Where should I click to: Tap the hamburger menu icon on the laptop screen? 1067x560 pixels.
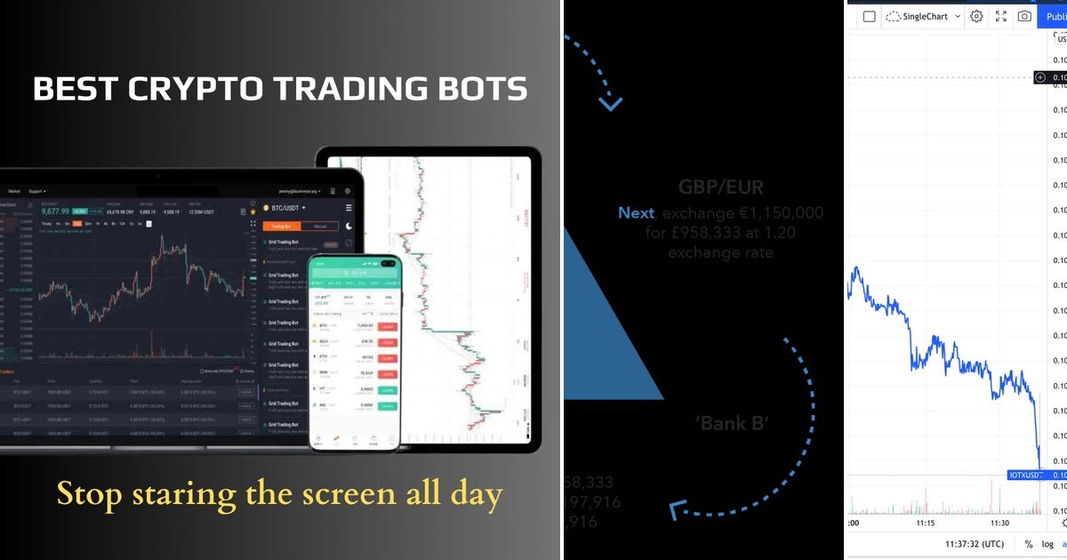click(x=349, y=207)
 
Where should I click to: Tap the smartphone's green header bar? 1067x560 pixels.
click(x=354, y=263)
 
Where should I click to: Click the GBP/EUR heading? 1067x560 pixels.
click(x=721, y=188)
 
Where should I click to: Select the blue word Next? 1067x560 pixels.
click(x=637, y=213)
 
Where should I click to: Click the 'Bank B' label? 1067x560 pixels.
click(x=733, y=423)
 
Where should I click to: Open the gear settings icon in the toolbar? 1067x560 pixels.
click(x=976, y=16)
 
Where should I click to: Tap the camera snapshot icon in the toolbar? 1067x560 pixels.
click(x=1024, y=16)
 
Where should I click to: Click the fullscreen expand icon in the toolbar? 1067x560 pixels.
click(x=1000, y=16)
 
